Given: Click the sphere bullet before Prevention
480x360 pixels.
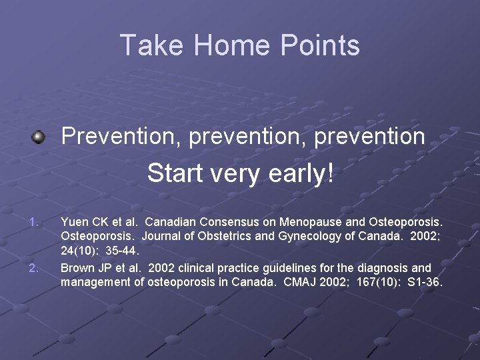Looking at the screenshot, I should (x=39, y=137).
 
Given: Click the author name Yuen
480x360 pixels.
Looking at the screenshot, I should (x=74, y=221).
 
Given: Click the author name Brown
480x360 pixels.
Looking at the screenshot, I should (x=77, y=268).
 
